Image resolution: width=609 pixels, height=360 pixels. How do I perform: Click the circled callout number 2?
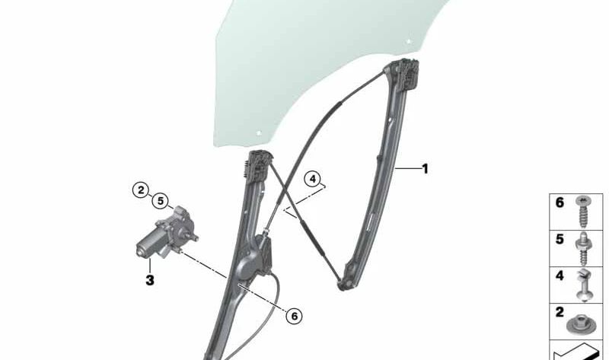(141, 190)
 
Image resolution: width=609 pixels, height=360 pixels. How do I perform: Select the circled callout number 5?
(160, 201)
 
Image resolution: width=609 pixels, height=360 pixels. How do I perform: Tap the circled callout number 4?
(313, 179)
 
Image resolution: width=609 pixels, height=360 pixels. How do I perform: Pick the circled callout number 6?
(294, 316)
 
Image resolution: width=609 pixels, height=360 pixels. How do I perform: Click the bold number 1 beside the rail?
(426, 169)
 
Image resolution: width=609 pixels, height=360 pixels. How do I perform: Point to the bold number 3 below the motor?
(150, 280)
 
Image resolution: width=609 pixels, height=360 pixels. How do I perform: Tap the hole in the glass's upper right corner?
(409, 41)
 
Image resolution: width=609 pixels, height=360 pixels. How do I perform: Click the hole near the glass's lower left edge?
(259, 133)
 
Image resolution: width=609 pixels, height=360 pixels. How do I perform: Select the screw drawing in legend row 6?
(582, 212)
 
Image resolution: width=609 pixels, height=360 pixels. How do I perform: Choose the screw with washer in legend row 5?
(583, 249)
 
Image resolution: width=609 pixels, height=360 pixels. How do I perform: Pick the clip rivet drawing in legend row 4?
(583, 285)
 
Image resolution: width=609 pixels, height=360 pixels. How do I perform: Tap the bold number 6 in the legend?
(560, 202)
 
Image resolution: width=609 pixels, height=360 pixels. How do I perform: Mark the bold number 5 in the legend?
(560, 239)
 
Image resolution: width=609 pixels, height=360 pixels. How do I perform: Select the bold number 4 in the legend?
(560, 276)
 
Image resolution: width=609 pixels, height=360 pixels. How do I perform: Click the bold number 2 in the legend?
(560, 312)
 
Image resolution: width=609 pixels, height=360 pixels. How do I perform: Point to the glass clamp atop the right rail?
(404, 74)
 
